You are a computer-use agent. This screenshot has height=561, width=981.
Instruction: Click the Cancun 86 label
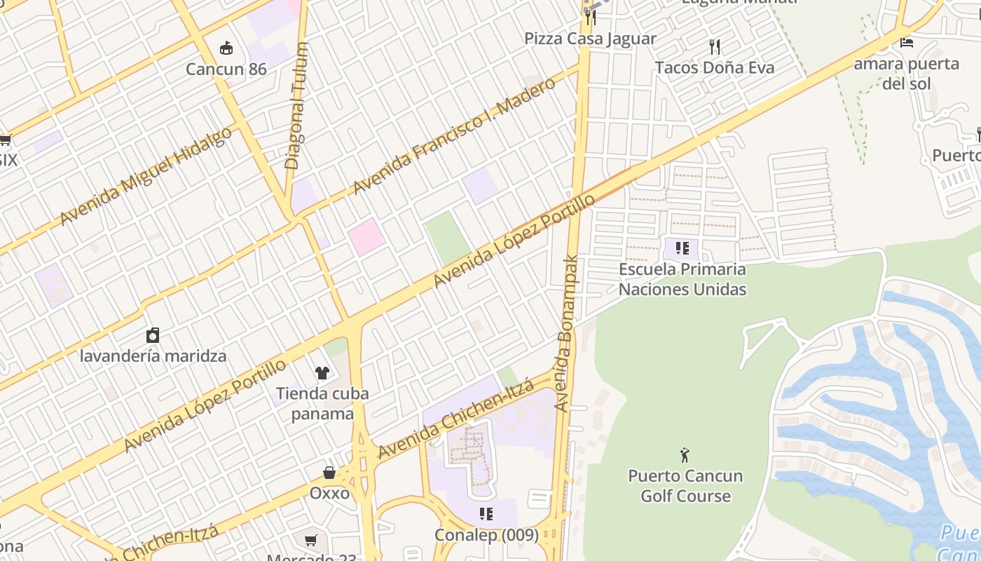click(x=226, y=69)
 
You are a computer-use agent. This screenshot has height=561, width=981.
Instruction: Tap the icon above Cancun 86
click(x=226, y=48)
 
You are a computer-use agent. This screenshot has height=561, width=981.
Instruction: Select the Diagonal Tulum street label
click(x=296, y=106)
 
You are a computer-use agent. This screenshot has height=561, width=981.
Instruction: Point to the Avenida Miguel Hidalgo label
click(x=145, y=176)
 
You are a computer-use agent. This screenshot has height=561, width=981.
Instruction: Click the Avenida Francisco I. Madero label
click(x=454, y=135)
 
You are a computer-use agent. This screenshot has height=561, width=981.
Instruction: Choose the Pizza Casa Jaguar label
click(x=590, y=39)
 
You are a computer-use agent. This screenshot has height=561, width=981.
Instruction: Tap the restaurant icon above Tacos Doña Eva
click(x=715, y=47)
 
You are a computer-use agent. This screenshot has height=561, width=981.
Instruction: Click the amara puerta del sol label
click(x=906, y=74)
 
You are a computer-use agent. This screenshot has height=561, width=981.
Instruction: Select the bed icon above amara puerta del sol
click(x=906, y=42)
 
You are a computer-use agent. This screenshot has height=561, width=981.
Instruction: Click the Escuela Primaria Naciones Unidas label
click(x=682, y=279)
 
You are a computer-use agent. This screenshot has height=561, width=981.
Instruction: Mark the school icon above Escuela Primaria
click(x=682, y=248)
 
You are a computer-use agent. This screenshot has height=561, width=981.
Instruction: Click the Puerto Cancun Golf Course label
click(x=685, y=485)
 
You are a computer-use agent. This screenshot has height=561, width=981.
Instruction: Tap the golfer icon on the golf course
click(x=685, y=455)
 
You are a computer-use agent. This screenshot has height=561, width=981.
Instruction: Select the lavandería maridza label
click(x=153, y=356)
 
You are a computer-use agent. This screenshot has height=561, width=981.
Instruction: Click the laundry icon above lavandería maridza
click(x=153, y=335)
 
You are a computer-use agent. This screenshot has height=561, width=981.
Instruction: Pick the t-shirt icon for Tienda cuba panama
click(x=322, y=372)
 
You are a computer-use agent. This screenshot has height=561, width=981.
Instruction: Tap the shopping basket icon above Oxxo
click(x=329, y=473)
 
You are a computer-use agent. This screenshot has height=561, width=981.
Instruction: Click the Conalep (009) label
click(x=486, y=535)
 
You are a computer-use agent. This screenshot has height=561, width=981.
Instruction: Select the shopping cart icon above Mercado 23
click(x=311, y=540)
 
